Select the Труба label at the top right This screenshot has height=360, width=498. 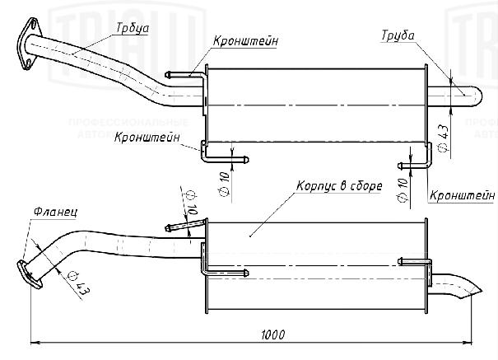(x=398, y=35)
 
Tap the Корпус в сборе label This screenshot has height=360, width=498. (x=337, y=185)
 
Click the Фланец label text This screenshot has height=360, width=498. (x=56, y=213)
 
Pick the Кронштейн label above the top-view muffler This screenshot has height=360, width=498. (x=244, y=40)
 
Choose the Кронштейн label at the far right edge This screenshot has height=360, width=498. (x=462, y=195)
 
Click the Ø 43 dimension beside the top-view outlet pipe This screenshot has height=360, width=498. (x=442, y=137)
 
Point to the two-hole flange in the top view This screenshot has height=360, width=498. (x=28, y=44)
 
